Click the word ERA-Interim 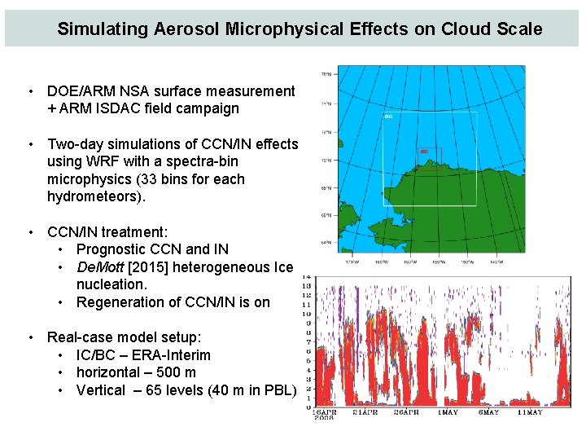171,355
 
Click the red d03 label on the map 424,152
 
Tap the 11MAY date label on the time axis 531,412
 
